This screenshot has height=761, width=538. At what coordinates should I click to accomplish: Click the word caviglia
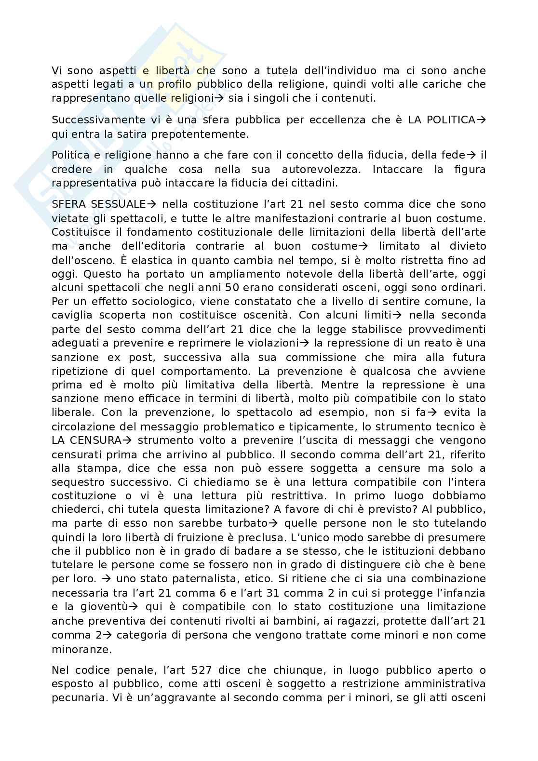75,315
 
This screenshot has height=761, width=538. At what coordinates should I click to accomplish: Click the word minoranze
81,649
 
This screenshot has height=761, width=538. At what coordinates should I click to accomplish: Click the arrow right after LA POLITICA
481,120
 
